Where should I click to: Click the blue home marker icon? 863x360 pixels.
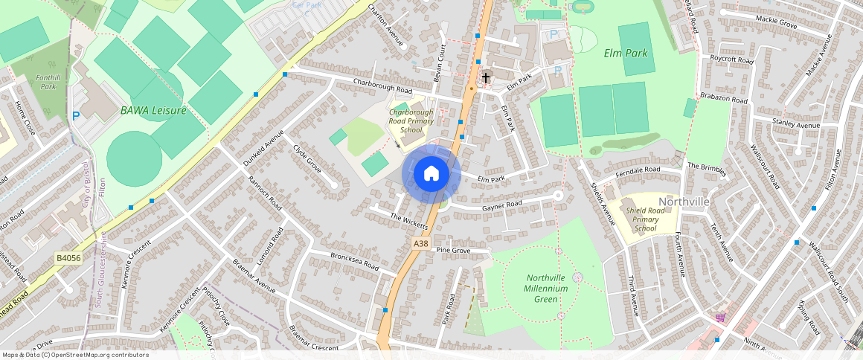click(431, 174)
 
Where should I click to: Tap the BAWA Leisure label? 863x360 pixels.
click(153, 110)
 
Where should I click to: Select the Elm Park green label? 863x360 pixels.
click(626, 53)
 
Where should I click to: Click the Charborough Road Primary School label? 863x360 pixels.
click(411, 121)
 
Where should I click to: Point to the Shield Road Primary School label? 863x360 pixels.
click(646, 219)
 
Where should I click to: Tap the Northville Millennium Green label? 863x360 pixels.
click(546, 288)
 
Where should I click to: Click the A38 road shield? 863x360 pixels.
click(420, 243)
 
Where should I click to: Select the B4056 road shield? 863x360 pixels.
click(68, 258)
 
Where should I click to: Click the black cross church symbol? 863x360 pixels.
click(486, 77)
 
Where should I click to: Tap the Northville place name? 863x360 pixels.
click(684, 202)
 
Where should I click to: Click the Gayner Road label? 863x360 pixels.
click(502, 205)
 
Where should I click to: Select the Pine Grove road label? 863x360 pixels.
click(453, 251)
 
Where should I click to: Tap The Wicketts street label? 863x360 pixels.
click(409, 220)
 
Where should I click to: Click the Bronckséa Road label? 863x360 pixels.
click(355, 261)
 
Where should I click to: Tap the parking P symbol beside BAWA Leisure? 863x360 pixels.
click(76, 116)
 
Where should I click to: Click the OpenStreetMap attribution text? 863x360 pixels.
click(75, 355)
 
